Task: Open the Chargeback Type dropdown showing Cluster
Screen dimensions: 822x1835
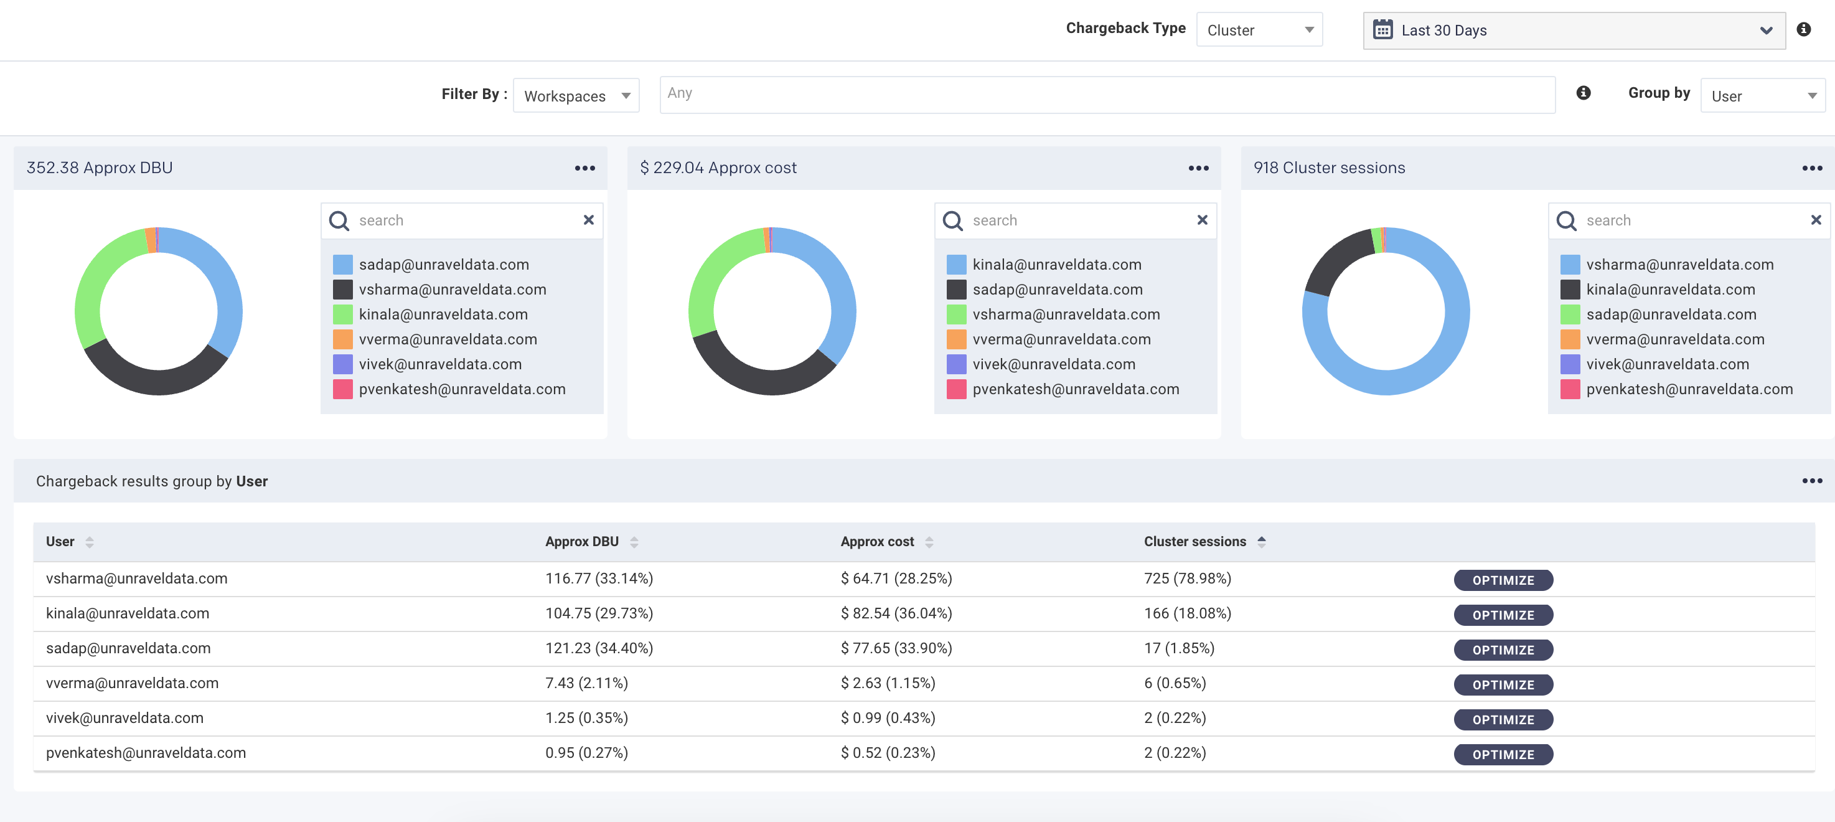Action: (1259, 30)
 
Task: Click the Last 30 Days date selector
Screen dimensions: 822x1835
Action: (1573, 31)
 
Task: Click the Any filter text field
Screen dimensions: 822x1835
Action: (1106, 94)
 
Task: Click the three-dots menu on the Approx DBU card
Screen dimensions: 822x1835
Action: (585, 168)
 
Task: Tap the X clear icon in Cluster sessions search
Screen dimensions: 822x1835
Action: (1816, 220)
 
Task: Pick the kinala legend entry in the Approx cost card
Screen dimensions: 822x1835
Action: (1056, 265)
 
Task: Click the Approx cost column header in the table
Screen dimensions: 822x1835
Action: (877, 542)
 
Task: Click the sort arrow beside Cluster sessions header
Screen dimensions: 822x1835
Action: (1262, 542)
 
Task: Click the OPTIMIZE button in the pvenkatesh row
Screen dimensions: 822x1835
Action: (1503, 754)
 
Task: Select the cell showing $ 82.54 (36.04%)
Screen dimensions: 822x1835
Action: (896, 613)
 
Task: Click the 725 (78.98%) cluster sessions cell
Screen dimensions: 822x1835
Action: (1187, 578)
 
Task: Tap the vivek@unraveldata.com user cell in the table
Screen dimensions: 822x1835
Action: (124, 718)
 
